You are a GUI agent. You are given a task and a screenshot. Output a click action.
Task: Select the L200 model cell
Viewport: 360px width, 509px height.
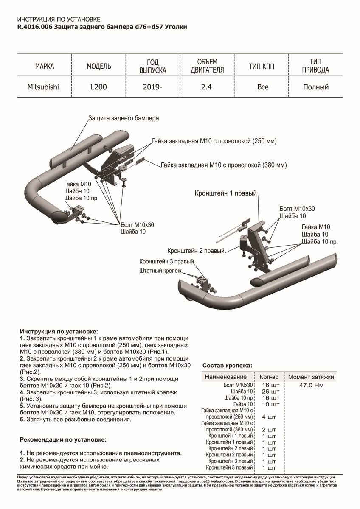pyautogui.click(x=99, y=87)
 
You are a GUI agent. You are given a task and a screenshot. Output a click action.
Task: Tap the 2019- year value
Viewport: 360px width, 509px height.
pyautogui.click(x=153, y=87)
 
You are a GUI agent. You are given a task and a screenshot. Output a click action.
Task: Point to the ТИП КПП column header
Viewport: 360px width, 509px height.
pyautogui.click(x=263, y=66)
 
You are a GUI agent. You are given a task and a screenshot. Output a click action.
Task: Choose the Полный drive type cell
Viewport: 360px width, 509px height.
pyautogui.click(x=316, y=87)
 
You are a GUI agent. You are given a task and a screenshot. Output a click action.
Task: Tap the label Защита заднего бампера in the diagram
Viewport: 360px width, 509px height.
pyautogui.click(x=124, y=118)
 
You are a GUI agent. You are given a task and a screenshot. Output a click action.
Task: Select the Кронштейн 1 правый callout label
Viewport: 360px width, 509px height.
pyautogui.click(x=226, y=193)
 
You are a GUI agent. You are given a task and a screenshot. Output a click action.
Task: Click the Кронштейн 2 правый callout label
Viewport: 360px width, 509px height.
pyautogui.click(x=196, y=251)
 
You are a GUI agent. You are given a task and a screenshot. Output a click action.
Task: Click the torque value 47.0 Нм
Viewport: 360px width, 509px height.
pyautogui.click(x=312, y=386)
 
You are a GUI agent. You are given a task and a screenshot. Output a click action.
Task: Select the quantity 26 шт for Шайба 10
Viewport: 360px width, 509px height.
pyautogui.click(x=271, y=392)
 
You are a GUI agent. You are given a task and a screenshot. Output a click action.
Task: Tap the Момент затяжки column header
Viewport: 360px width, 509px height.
pyautogui.click(x=311, y=377)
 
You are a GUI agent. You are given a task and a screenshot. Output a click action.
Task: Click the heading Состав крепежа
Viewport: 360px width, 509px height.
pyautogui.click(x=227, y=365)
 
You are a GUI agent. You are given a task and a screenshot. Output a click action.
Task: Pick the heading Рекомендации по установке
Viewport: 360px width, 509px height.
pyautogui.click(x=63, y=439)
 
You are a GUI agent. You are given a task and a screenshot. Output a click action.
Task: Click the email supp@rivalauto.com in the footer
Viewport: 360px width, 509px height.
pyautogui.click(x=211, y=482)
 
